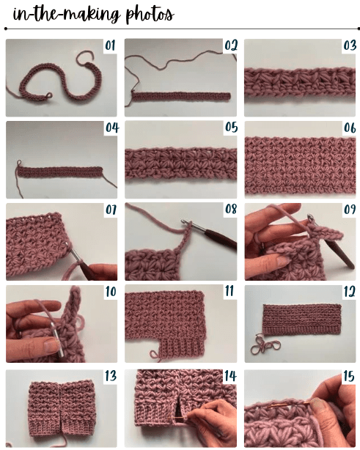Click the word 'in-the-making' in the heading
pyautogui.click(x=59, y=12)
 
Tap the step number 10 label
pyautogui.click(x=111, y=292)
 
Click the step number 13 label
pyautogui.click(x=111, y=376)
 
